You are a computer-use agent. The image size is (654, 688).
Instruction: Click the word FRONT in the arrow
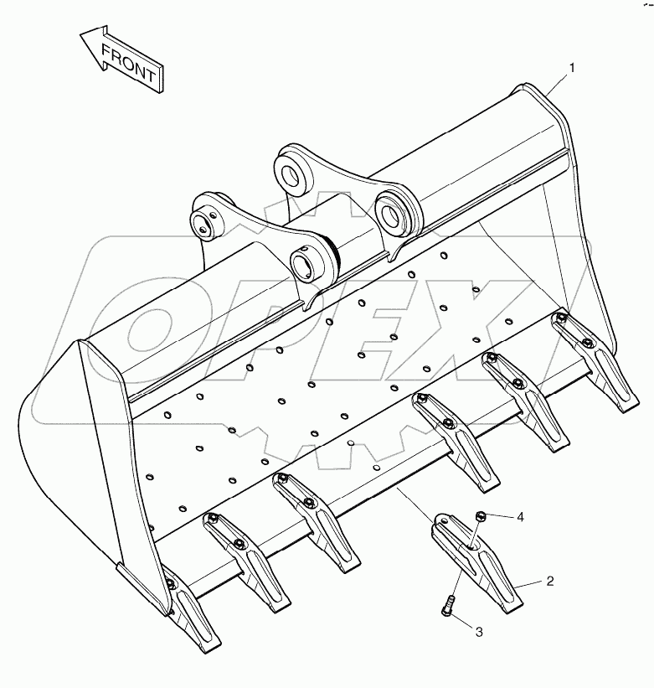tap(128, 64)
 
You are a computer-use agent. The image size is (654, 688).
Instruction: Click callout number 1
tap(572, 68)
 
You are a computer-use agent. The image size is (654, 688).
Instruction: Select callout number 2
tap(550, 582)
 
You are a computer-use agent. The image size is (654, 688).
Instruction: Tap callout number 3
tap(479, 633)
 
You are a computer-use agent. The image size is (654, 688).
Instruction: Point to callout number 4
tap(520, 518)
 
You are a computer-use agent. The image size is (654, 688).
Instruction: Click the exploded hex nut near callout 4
tap(481, 516)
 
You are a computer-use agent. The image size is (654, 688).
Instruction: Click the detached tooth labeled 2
tap(476, 562)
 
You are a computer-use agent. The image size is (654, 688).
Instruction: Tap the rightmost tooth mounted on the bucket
tap(594, 360)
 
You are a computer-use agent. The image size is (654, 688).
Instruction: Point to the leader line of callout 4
tap(500, 517)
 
